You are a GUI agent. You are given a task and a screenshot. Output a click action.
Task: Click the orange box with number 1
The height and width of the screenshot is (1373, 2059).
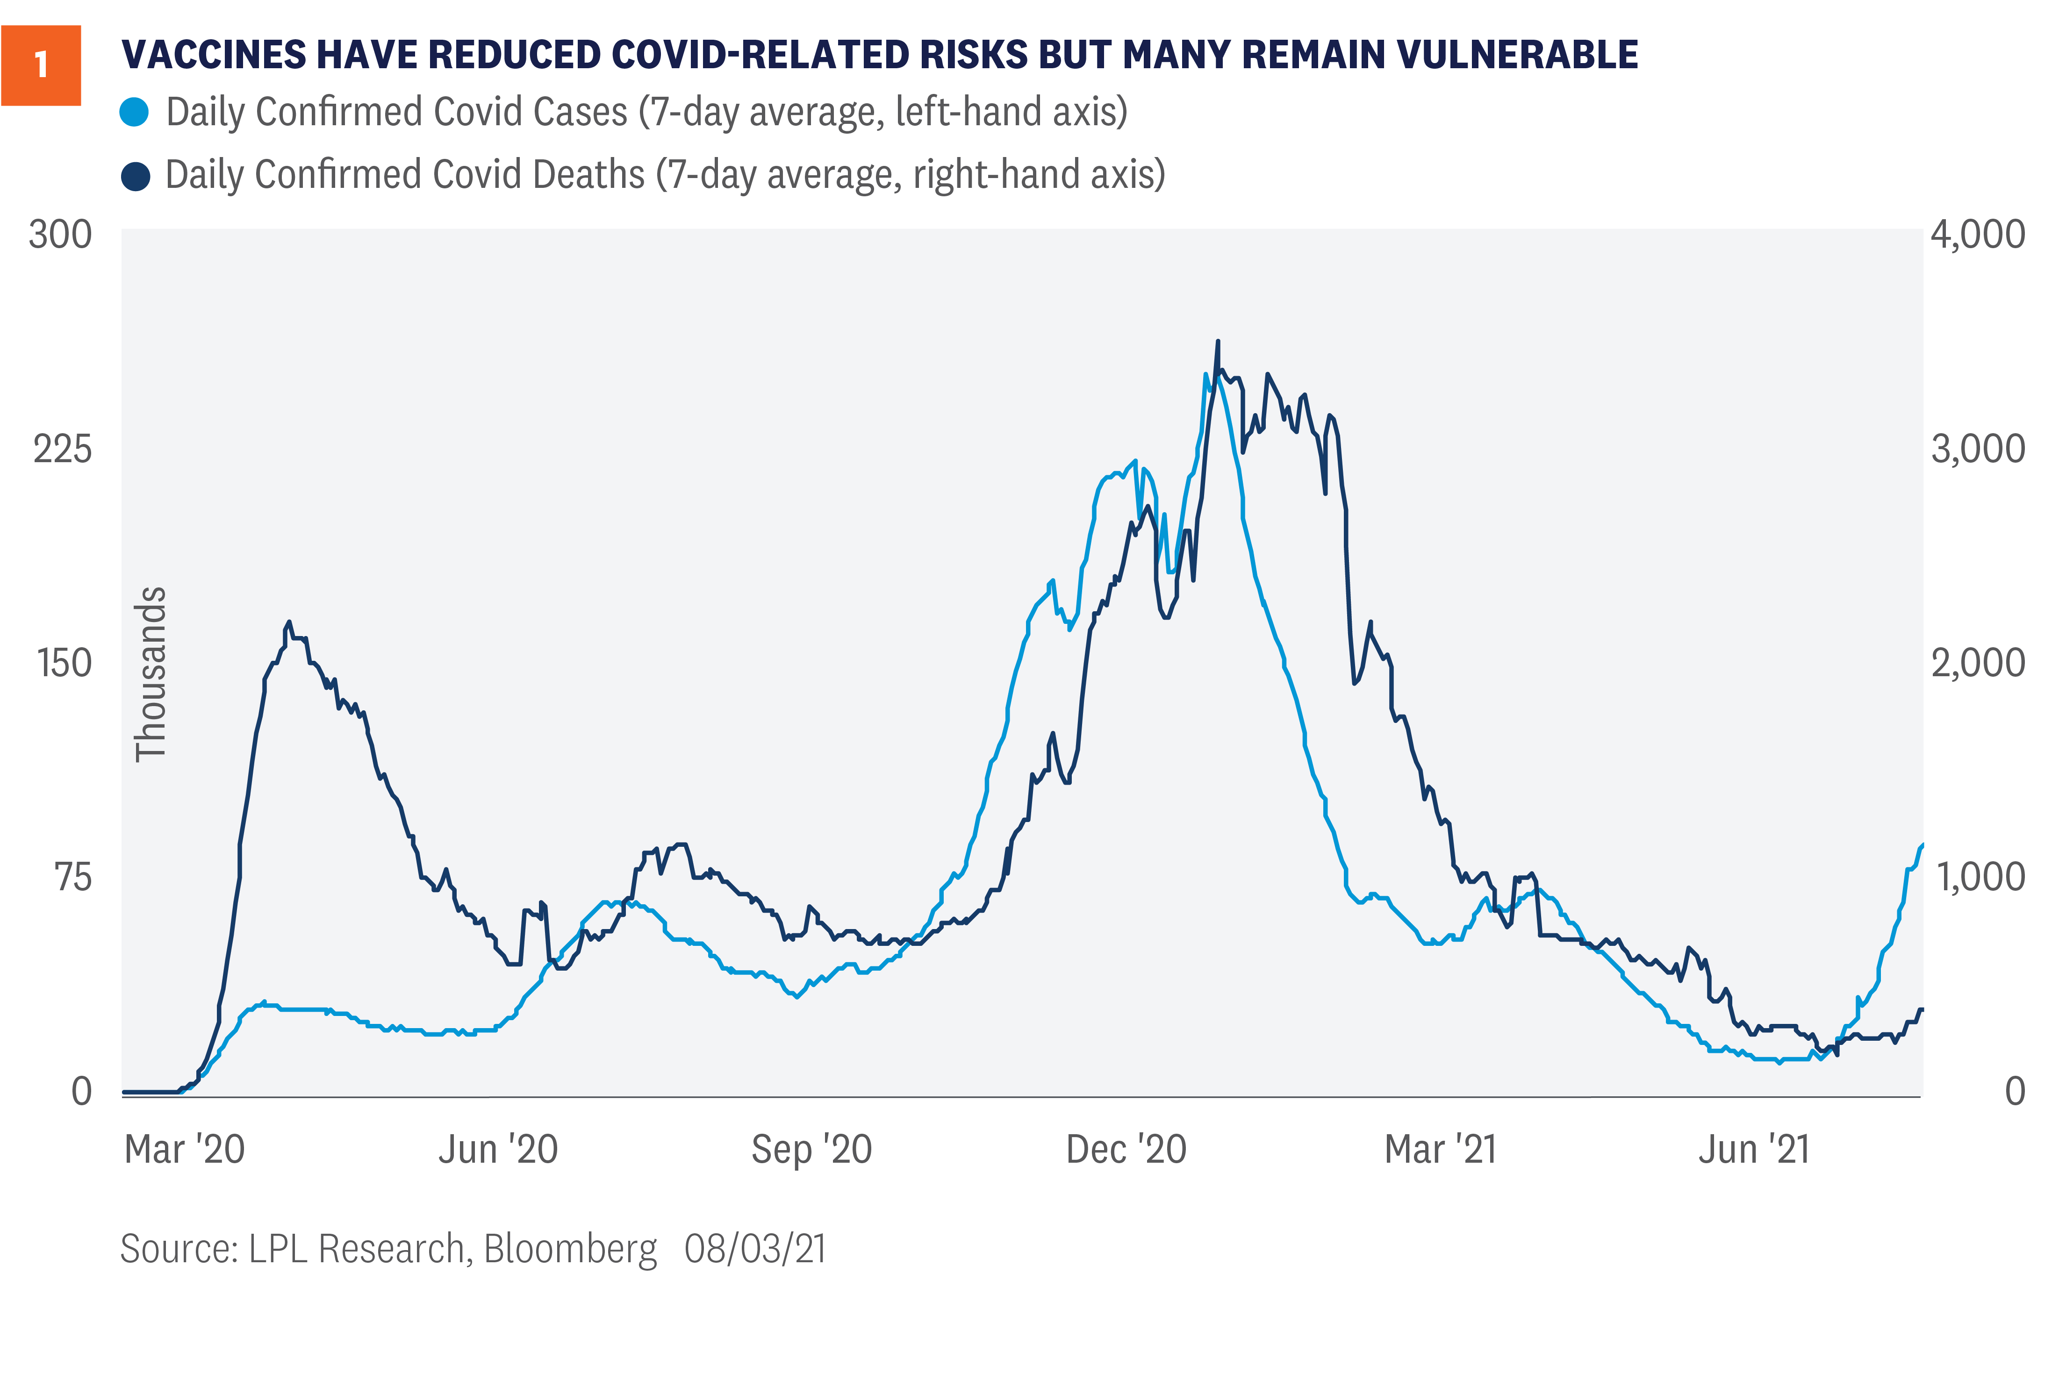pyautogui.click(x=41, y=66)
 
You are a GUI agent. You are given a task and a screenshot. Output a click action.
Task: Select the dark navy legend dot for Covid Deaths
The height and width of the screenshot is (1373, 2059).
pyautogui.click(x=136, y=175)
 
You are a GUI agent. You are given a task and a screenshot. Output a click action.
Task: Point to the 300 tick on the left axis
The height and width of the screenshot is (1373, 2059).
pyautogui.click(x=60, y=235)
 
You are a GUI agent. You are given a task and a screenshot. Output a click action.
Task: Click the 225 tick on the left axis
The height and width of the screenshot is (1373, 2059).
pyautogui.click(x=62, y=449)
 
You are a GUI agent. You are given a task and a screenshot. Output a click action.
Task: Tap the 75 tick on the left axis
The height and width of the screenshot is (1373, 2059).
pyautogui.click(x=73, y=877)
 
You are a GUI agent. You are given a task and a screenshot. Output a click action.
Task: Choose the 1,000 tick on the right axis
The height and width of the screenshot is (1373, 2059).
pyautogui.click(x=1979, y=877)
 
